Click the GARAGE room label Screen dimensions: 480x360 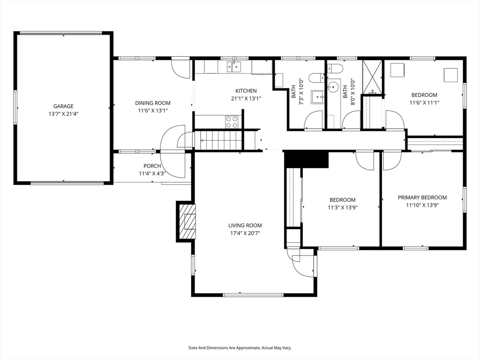(63, 106)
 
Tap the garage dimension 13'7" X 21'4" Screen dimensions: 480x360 (63, 114)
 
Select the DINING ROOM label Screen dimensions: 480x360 (153, 103)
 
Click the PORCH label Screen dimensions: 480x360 (152, 166)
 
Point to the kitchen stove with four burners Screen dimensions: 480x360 (232, 122)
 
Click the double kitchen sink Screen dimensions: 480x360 (234, 67)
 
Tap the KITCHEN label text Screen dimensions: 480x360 (246, 90)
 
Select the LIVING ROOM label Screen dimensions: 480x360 (245, 225)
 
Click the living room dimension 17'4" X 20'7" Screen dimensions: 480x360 (245, 233)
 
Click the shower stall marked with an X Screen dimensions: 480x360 (372, 77)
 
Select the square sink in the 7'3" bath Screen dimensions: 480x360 (318, 97)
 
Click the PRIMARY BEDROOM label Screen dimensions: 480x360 (422, 197)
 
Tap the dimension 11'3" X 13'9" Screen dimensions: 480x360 (343, 208)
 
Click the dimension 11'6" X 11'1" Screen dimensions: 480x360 (424, 103)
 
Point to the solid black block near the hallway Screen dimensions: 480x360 (306, 159)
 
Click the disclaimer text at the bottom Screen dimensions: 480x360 (240, 348)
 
